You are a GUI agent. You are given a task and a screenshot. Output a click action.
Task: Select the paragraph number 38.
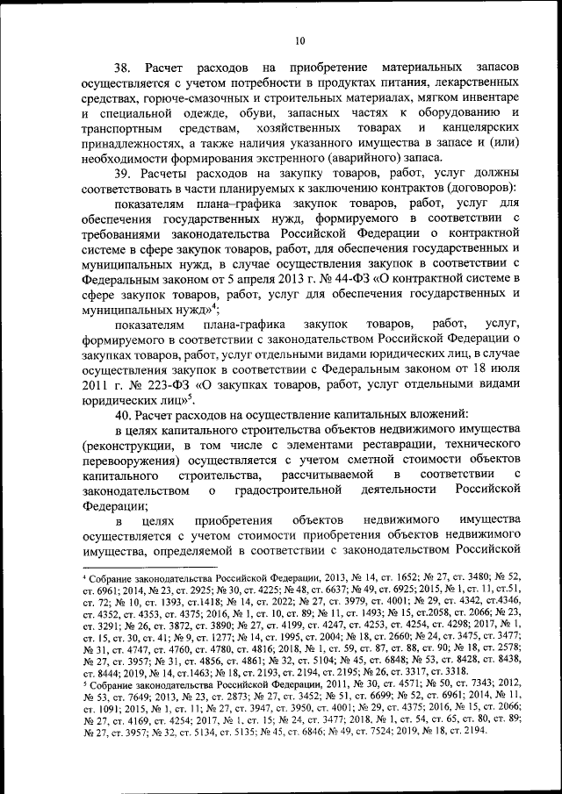pyautogui.click(x=125, y=68)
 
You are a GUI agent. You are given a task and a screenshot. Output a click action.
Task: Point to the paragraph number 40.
pyautogui.click(x=125, y=412)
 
